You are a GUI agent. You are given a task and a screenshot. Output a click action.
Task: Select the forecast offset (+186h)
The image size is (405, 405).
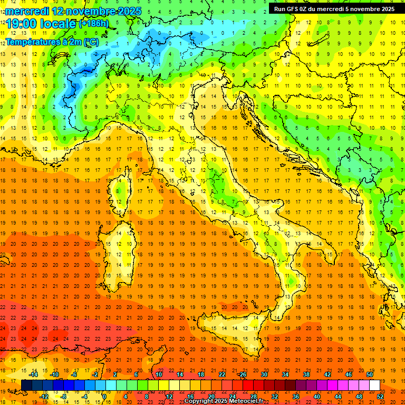pyautogui.click(x=93, y=24)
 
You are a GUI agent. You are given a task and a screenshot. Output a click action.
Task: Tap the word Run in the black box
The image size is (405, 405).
pyautogui.click(x=281, y=9)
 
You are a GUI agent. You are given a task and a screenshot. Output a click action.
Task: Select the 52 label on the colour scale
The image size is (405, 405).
pyautogui.click(x=380, y=396)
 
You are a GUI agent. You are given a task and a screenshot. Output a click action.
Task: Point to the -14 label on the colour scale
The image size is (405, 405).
pyautogui.click(x=34, y=374)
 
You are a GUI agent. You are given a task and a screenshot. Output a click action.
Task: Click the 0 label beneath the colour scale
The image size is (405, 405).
pyautogui.click(x=104, y=396)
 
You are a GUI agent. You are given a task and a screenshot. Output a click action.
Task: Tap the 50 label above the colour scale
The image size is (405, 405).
pyautogui.click(x=370, y=374)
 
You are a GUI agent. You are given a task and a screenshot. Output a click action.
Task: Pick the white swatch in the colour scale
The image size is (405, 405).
pyautogui.click(x=374, y=385)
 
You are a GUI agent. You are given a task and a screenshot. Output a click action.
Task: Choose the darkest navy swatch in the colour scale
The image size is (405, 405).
pyautogui.click(x=26, y=385)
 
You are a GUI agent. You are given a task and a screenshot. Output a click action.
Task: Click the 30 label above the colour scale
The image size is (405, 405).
pyautogui.click(x=264, y=374)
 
